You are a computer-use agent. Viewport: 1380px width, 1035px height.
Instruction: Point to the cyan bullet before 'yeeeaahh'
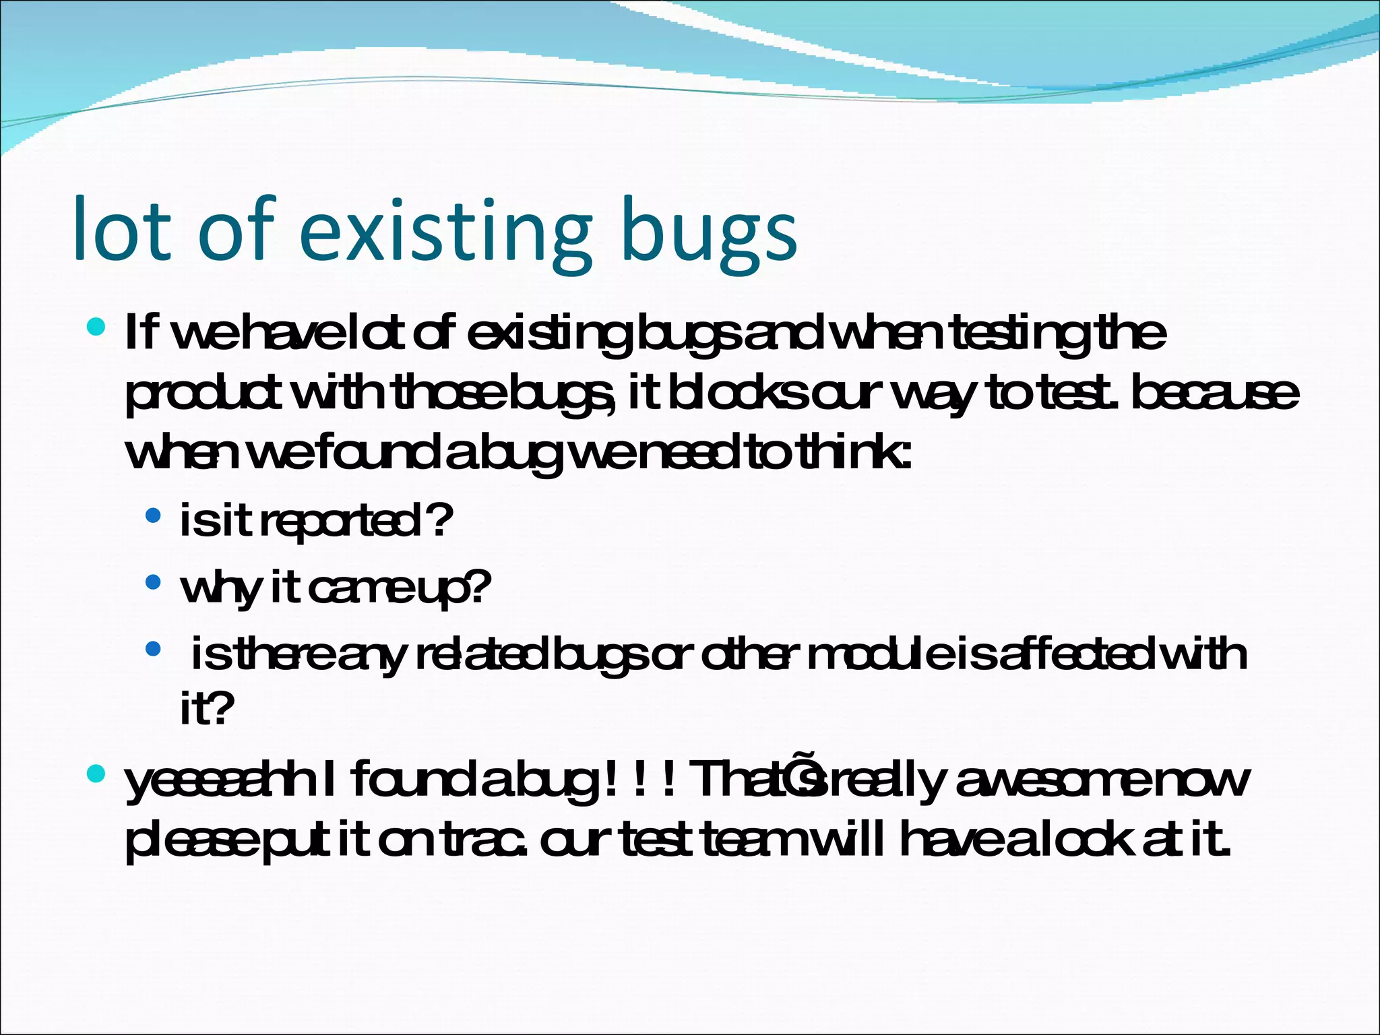tap(96, 774)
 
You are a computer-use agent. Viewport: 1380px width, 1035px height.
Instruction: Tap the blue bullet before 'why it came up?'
tap(154, 582)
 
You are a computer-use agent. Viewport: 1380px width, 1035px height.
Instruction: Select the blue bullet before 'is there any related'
tap(154, 650)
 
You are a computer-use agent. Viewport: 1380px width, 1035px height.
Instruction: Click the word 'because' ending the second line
tap(1213, 394)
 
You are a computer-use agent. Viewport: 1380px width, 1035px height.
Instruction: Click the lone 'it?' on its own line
tap(206, 708)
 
